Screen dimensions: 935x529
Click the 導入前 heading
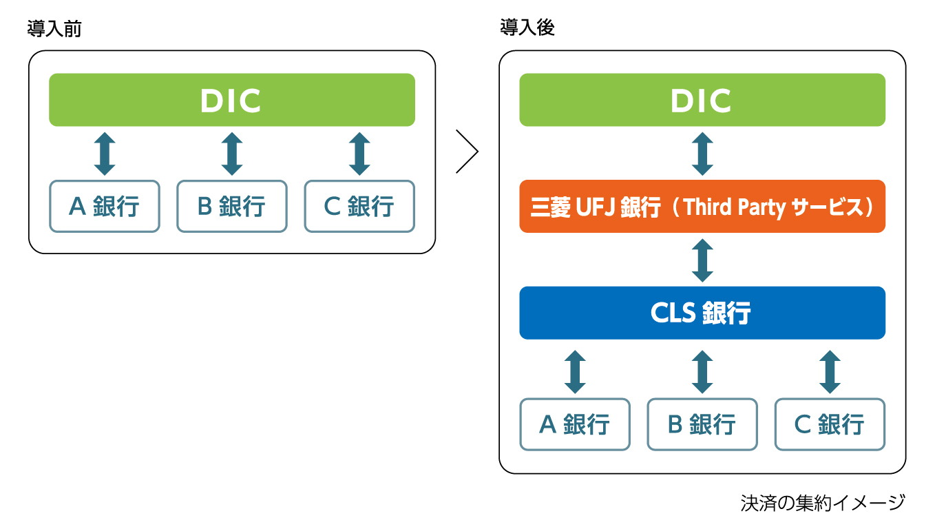pos(54,29)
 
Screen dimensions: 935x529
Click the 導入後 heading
pos(527,28)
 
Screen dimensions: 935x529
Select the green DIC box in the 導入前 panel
pos(232,100)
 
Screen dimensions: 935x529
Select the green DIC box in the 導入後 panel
pos(702,100)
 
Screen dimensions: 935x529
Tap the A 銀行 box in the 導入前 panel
pos(105,206)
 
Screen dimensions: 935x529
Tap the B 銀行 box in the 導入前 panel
pos(232,206)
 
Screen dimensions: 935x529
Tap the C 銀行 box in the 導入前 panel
pos(359,206)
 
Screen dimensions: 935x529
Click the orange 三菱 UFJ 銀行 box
pos(702,206)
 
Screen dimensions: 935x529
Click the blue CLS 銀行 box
pos(702,313)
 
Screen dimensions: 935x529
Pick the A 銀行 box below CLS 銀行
pos(575,424)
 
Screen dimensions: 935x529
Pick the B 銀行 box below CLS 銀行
pos(702,424)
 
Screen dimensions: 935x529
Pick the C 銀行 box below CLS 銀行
pos(830,424)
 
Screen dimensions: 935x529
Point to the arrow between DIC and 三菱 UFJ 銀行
pos(702,154)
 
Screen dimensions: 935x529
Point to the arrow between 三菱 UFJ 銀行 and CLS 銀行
pos(702,260)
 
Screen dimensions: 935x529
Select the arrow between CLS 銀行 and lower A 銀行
pos(575,371)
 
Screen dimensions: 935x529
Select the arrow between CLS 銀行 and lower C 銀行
pos(830,371)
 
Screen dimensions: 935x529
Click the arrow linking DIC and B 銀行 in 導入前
pos(232,154)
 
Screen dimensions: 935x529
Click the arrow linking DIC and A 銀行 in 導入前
pos(105,154)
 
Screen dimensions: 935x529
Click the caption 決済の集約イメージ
pos(823,503)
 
